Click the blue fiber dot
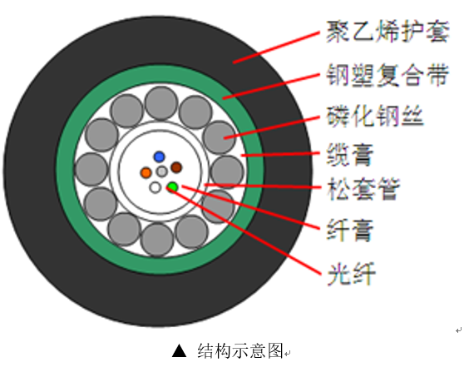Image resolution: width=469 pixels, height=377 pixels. point(159,156)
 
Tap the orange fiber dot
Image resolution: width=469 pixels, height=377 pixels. point(146,173)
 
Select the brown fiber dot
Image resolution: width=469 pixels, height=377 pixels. point(176,167)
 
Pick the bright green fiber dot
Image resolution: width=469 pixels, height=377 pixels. point(172,186)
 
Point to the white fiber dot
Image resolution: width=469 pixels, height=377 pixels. point(155,187)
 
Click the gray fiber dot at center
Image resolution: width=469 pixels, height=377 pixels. point(161,172)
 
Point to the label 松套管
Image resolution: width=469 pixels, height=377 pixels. point(361,190)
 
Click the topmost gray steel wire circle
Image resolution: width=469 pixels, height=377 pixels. point(160,104)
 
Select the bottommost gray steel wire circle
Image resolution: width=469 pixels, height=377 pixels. point(157,240)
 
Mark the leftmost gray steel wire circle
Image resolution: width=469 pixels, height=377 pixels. point(91,171)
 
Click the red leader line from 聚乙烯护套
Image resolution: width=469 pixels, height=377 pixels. point(274,48)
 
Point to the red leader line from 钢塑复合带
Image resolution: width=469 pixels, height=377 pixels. point(270,86)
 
